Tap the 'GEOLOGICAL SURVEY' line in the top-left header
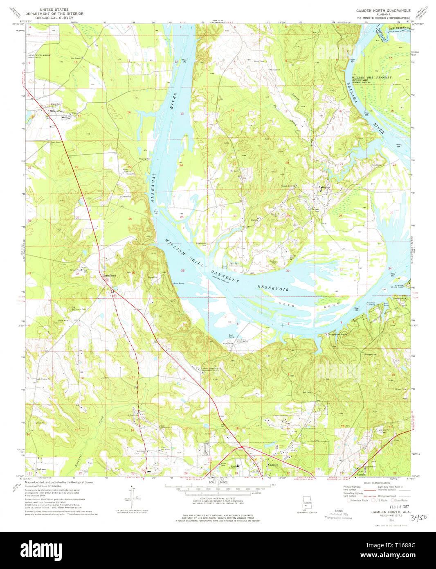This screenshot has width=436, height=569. coord(54,18)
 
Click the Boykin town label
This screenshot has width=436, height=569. coord(326,188)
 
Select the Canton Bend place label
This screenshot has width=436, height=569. coord(109,276)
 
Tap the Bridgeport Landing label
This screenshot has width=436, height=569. coord(338,334)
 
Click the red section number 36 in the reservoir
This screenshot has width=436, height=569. coord(182,271)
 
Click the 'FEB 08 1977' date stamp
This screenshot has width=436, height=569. coord(381,506)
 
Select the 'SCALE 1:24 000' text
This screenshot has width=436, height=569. coord(218,483)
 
